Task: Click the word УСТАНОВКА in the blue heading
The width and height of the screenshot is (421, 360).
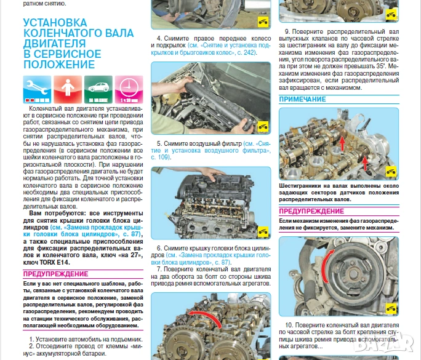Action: click(x=54, y=23)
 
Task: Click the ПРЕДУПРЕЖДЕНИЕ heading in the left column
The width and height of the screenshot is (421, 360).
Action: click(x=56, y=274)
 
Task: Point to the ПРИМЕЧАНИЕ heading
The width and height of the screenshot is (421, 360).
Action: click(x=302, y=99)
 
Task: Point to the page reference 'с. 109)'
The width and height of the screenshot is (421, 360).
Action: click(x=161, y=158)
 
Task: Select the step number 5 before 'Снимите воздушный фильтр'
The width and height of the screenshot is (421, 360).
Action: click(x=159, y=143)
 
